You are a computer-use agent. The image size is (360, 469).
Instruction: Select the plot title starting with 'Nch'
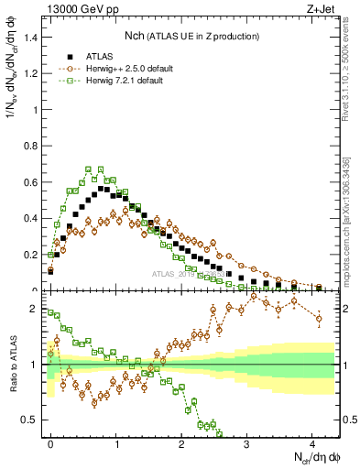(191, 36)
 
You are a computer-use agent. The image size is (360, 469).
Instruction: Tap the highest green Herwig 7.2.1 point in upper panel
(89, 169)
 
